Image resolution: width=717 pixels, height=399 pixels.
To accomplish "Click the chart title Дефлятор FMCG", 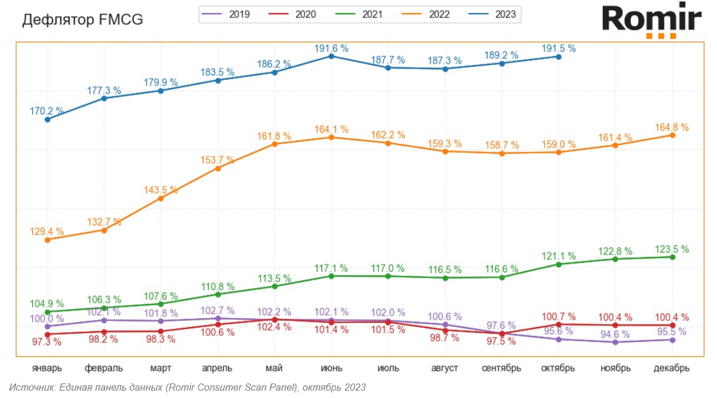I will point(82,20).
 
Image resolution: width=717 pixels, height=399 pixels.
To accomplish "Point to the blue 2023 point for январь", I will point(47,119).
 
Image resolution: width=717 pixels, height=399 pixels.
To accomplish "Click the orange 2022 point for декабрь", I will point(673,135).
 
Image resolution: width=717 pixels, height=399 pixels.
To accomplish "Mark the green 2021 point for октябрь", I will point(559,264).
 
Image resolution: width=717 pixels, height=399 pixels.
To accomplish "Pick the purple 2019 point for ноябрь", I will point(615,342).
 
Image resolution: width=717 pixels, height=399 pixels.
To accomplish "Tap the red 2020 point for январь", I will point(47,335).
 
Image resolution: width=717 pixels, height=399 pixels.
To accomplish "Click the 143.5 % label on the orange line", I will point(161,190).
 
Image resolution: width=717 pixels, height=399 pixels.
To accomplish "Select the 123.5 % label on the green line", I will point(672,249).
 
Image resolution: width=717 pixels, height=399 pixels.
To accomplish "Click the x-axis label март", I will point(161,368).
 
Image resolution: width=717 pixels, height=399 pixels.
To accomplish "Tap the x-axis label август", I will point(445,368).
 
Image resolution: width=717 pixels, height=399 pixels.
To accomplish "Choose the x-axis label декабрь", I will point(672,368).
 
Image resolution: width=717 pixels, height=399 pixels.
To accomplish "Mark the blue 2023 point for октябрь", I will point(559,57).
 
